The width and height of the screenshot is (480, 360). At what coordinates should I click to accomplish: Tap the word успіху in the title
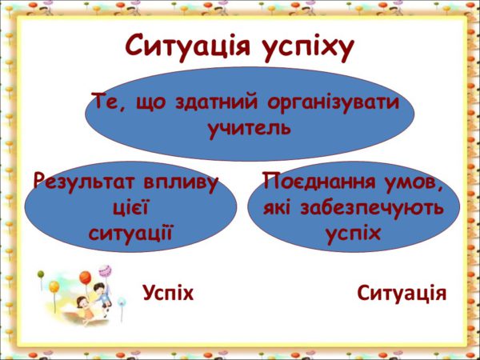(x=309, y=48)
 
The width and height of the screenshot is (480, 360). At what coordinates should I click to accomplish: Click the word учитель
(x=250, y=128)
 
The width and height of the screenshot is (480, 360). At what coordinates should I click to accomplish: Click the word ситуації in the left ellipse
(x=130, y=234)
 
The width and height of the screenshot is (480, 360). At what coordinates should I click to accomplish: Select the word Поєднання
(x=319, y=182)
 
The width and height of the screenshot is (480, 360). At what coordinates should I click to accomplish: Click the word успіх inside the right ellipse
(x=353, y=234)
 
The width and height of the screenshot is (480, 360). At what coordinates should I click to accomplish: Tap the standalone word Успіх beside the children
(x=168, y=294)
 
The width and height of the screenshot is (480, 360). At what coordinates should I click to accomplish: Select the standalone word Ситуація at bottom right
(x=402, y=294)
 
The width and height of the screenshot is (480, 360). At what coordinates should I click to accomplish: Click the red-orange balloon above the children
(x=86, y=278)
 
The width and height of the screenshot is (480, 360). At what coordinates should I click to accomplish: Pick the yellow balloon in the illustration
(x=54, y=287)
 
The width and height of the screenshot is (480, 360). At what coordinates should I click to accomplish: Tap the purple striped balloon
(x=105, y=270)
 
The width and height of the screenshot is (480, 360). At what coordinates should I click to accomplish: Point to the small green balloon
(x=41, y=274)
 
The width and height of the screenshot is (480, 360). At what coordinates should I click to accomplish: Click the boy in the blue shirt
(x=102, y=294)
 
